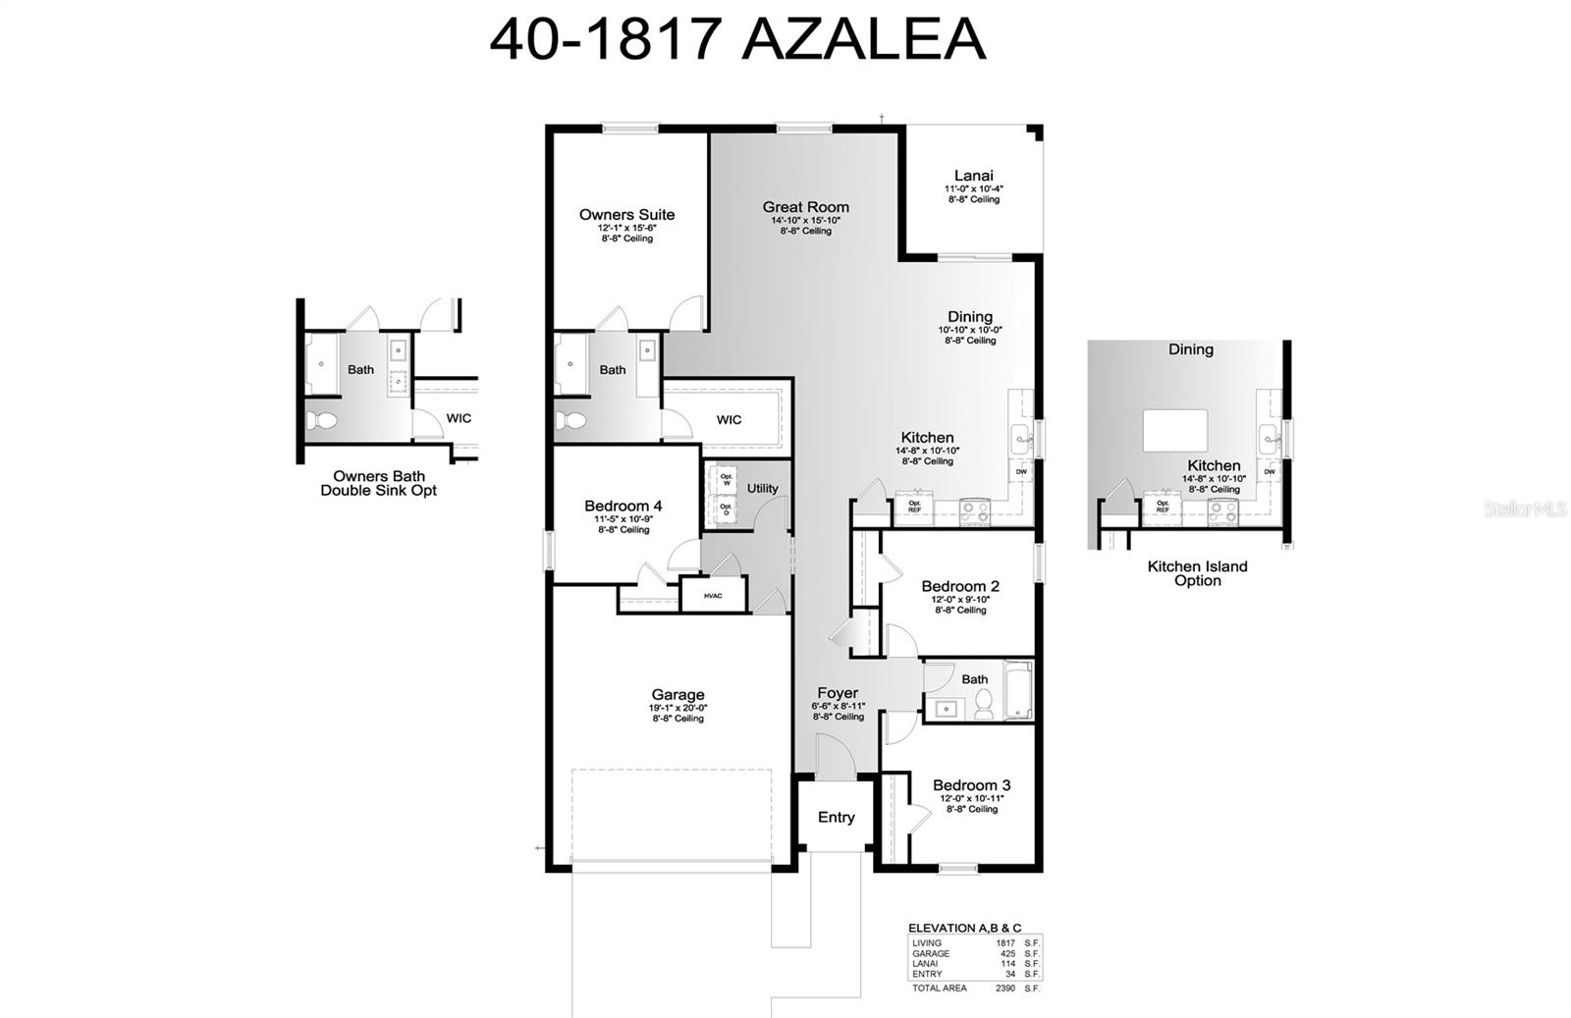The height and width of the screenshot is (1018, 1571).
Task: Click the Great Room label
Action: [x=805, y=207]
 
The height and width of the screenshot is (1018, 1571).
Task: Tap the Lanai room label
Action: [x=973, y=176]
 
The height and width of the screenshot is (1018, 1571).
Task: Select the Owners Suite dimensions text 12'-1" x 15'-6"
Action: [x=626, y=227]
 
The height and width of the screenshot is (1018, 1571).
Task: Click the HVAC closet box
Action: [x=713, y=596]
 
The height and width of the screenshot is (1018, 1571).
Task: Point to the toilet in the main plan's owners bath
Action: [x=571, y=420]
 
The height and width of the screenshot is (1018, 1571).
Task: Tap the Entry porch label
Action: [x=836, y=817]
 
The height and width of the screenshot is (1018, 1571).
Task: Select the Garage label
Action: [x=677, y=694]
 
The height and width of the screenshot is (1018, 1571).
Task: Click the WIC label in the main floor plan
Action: [x=729, y=420]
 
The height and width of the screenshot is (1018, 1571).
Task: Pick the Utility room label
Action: [x=762, y=488]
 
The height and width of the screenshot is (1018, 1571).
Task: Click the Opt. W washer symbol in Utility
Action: [x=727, y=480]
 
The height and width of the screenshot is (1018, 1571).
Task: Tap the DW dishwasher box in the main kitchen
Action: [x=1021, y=472]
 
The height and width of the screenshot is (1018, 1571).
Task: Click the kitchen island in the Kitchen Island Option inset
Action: [x=1174, y=430]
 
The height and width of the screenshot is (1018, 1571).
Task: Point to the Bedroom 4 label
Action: [x=623, y=506]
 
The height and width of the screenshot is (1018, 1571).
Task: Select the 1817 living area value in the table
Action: [x=1005, y=943]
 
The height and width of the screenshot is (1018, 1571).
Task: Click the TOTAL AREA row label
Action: [x=939, y=988]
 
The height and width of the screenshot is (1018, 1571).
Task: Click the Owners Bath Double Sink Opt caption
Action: [x=378, y=483]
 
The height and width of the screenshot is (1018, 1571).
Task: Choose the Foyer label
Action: [x=837, y=693]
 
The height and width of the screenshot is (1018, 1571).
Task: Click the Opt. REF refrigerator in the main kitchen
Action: [x=914, y=507]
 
